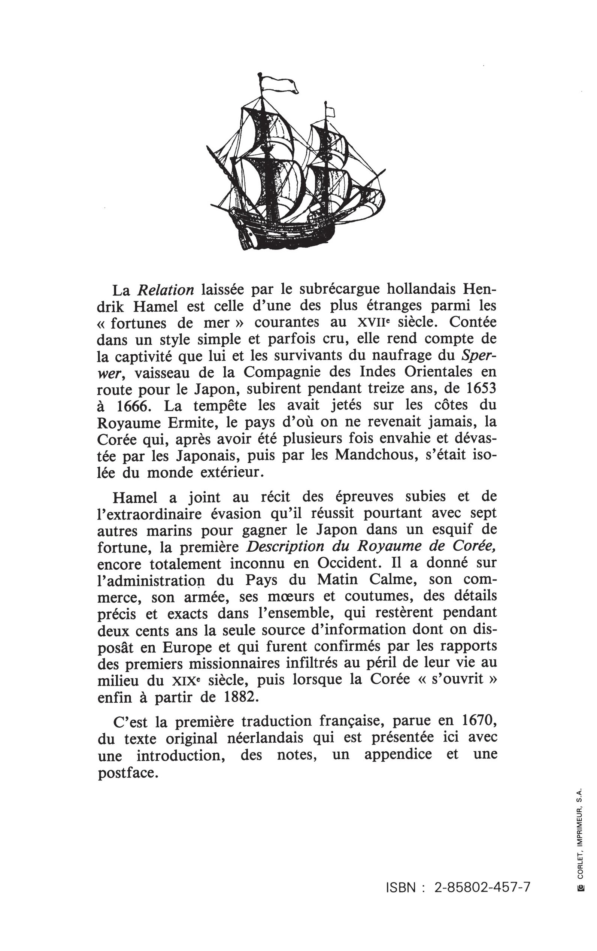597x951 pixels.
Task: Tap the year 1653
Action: pyautogui.click(x=481, y=388)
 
